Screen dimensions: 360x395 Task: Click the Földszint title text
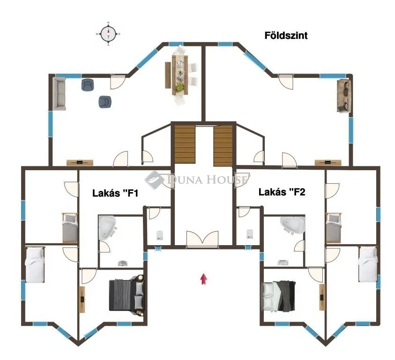286,36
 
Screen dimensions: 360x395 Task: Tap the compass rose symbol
109,34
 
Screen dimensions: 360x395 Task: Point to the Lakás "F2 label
282,192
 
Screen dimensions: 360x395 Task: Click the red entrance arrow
204,279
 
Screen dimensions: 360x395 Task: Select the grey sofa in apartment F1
59,94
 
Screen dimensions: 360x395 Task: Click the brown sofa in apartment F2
343,96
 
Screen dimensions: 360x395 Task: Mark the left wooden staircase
185,145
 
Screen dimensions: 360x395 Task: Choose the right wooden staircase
223,145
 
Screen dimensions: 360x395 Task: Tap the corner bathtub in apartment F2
293,225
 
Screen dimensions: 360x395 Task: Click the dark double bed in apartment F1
127,295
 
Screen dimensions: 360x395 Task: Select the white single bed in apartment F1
34,265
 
